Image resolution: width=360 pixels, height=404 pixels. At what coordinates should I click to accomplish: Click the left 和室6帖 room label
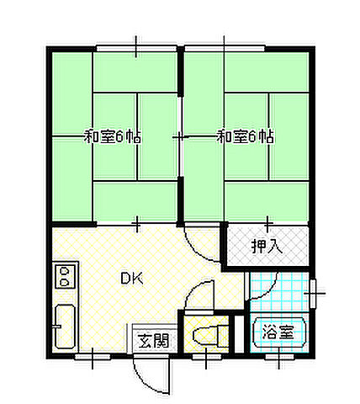coord(111,136)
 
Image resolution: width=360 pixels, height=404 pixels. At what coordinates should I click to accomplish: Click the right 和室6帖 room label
coord(246,136)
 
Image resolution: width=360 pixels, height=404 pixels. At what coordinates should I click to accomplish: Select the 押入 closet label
coord(267,247)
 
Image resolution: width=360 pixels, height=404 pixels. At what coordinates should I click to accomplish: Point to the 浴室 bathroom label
coord(278,332)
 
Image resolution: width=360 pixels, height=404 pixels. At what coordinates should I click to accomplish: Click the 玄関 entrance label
coord(153,340)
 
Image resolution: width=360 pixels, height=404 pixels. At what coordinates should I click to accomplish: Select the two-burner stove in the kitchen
coord(65,276)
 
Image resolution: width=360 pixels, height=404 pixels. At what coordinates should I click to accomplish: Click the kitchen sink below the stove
coord(65,327)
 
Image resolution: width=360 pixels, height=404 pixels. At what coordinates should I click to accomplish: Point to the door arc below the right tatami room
coord(200,244)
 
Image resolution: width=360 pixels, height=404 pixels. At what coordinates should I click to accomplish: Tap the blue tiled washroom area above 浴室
coord(278,291)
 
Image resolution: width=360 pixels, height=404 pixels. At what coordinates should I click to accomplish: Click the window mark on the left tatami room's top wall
coord(136,42)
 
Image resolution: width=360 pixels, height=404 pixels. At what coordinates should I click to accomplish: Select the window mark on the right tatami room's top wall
coord(224,42)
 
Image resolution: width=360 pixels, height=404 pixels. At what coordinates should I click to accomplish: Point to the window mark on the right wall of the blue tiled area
coord(315,291)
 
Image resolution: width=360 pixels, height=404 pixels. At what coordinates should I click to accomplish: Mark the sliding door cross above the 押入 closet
coord(267,224)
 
